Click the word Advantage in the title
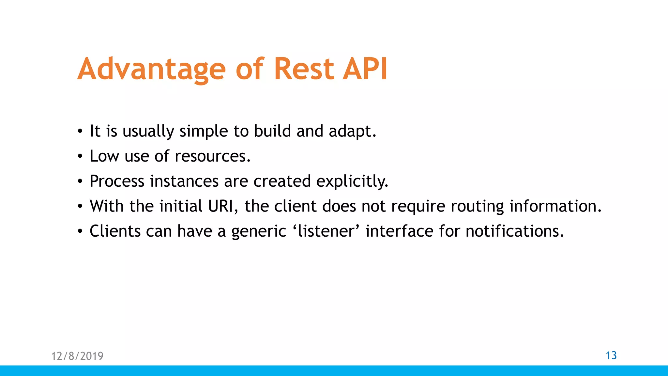tap(151, 69)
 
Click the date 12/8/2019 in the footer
tap(77, 356)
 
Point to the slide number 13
tap(611, 355)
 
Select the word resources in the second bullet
tap(212, 156)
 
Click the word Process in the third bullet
tap(117, 181)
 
